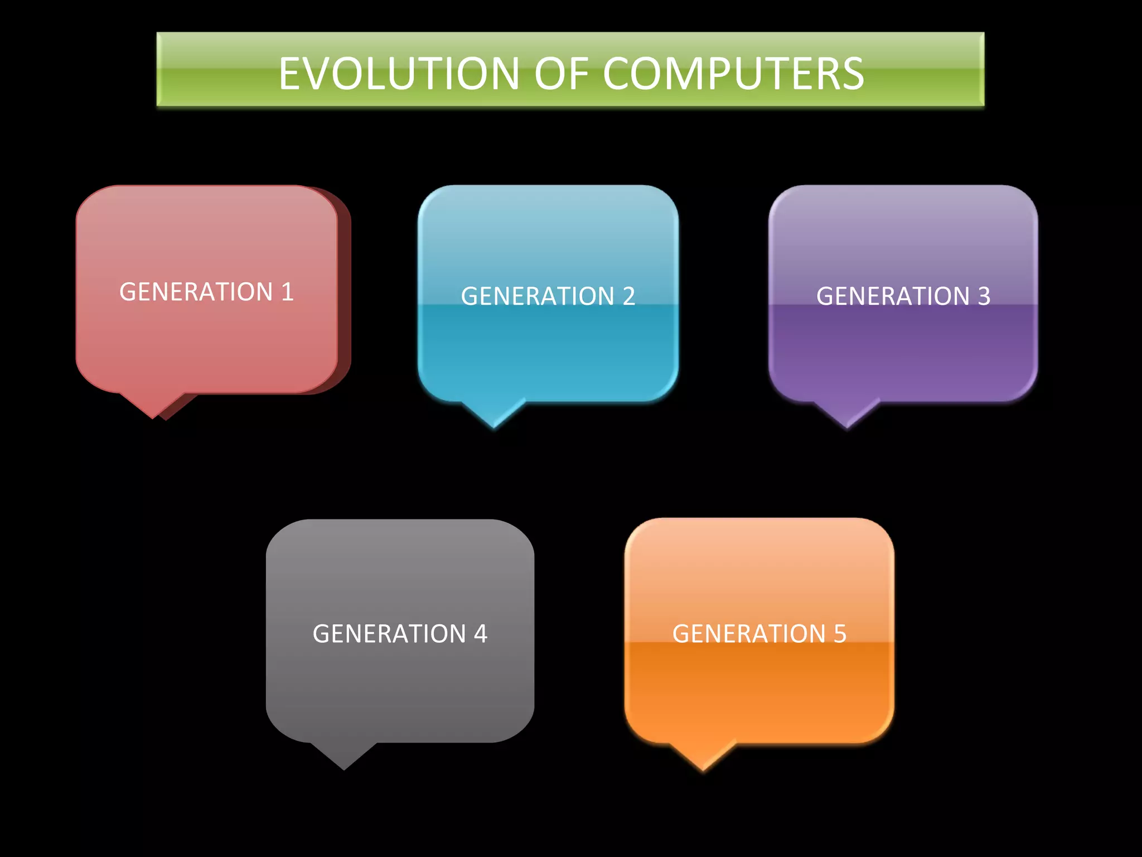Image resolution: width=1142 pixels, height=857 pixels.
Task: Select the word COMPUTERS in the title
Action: [x=733, y=74]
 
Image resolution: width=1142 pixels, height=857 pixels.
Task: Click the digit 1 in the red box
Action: [x=287, y=292]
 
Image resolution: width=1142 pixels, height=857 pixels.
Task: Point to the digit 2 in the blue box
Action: [x=629, y=296]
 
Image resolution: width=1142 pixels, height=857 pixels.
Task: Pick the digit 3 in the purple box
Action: [x=984, y=296]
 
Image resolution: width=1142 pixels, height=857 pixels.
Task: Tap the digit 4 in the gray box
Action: [x=481, y=634]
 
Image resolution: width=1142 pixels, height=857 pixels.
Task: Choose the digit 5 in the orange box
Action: [x=840, y=634]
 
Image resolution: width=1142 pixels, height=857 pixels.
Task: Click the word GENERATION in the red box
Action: [x=196, y=292]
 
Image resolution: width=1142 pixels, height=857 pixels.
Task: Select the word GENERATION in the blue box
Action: [x=538, y=296]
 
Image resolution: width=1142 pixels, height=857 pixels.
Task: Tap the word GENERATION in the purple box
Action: [x=893, y=296]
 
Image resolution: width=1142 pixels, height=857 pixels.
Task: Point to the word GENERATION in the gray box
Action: [x=389, y=634]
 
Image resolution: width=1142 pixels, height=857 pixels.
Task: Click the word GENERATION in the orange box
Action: [x=749, y=634]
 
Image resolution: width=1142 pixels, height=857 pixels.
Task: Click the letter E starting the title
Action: [x=290, y=74]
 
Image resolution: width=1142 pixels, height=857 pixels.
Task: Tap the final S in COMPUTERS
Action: [x=852, y=74]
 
